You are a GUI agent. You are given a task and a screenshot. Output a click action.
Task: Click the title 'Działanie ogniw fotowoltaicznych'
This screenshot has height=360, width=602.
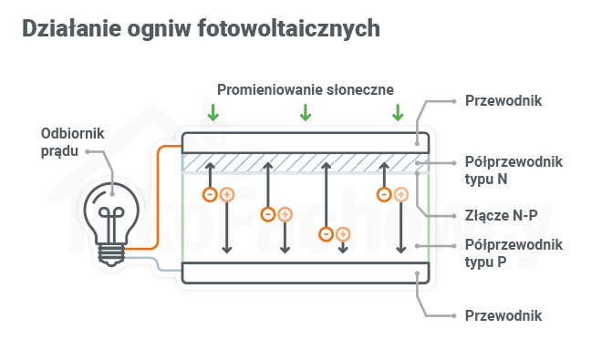(x=200, y=29)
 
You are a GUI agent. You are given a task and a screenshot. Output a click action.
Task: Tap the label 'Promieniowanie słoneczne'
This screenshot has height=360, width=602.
(x=305, y=89)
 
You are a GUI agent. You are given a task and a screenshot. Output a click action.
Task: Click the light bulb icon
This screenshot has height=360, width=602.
(x=111, y=220)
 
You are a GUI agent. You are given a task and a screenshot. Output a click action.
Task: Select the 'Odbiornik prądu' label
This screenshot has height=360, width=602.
(x=73, y=141)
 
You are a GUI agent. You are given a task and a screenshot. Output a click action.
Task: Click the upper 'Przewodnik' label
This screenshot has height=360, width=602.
(x=503, y=100)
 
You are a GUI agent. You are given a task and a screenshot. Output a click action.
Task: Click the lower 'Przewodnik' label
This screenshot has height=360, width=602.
(x=503, y=315)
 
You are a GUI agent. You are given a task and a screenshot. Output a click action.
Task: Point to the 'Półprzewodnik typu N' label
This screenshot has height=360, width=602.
(x=514, y=170)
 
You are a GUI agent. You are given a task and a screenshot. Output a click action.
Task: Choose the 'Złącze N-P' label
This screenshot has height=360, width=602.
(x=499, y=216)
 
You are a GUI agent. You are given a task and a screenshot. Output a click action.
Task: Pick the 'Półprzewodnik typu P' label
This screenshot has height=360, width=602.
(x=514, y=252)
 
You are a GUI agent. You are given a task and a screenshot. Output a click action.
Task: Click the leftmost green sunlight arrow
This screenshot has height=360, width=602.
(x=213, y=113)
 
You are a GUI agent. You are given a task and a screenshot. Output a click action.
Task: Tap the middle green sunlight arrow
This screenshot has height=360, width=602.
(x=306, y=113)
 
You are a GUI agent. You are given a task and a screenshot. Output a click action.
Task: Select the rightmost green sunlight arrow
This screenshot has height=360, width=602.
(x=397, y=113)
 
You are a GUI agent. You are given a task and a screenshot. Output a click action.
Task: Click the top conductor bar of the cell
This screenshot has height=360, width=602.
(x=306, y=141)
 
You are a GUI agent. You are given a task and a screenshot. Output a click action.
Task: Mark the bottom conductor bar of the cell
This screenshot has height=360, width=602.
(x=306, y=273)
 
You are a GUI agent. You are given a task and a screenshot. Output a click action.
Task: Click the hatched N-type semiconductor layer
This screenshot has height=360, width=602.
(x=306, y=161)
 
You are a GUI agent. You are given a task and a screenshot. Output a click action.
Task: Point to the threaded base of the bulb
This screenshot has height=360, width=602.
(x=111, y=252)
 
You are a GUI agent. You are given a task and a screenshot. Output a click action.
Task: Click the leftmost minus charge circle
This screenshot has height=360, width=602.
(x=210, y=194)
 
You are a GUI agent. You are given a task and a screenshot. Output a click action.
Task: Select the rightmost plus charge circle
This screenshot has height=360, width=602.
(x=400, y=194)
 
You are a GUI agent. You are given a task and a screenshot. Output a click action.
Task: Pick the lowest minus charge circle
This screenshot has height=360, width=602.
(x=326, y=234)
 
